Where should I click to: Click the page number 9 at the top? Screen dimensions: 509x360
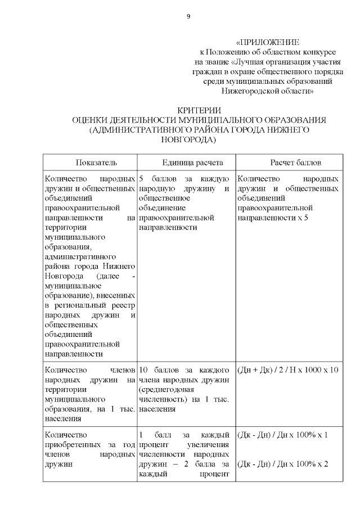[188, 16]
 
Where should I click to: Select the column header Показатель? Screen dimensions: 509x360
[90, 163]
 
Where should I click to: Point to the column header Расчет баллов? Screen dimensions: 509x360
[287, 163]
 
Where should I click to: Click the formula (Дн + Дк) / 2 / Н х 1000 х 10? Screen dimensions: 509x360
[287, 370]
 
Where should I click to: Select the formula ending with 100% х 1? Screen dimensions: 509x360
[282, 435]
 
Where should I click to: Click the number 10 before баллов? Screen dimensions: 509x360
[143, 370]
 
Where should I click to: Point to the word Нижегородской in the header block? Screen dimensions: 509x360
[245, 90]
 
